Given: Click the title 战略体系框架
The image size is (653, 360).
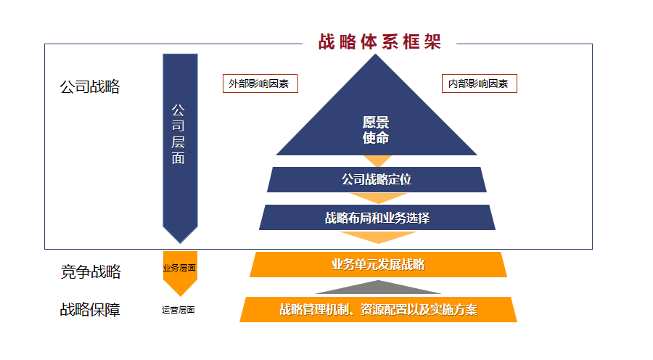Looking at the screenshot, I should click(379, 41).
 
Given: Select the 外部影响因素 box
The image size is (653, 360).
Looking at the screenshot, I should click(260, 83).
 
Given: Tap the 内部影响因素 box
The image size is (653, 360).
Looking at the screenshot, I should click(479, 83).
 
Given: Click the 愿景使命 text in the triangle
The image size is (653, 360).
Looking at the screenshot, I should click(376, 130).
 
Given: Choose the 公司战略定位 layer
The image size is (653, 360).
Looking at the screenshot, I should click(376, 179).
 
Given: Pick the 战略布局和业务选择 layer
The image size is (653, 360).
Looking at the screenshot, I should click(377, 217).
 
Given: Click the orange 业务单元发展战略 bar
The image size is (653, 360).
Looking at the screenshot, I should click(377, 264).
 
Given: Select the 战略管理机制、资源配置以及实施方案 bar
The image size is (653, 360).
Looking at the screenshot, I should click(378, 309).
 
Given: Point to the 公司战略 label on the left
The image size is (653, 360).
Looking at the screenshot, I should click(90, 87).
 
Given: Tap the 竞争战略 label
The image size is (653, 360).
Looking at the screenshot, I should click(90, 272).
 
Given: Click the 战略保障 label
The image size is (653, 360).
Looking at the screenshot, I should click(90, 310).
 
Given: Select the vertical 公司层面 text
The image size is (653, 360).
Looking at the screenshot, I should click(178, 134).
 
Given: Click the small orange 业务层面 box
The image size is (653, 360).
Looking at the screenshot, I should click(179, 267).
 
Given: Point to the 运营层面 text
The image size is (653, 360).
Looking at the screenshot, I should click(178, 310).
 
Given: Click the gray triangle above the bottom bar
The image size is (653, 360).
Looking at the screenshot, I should click(378, 288).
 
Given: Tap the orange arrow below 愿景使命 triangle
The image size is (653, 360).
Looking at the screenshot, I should click(377, 160).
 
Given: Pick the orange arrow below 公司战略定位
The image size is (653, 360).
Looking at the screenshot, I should click(377, 198).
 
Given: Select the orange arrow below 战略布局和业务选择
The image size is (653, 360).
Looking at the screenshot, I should click(377, 237).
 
